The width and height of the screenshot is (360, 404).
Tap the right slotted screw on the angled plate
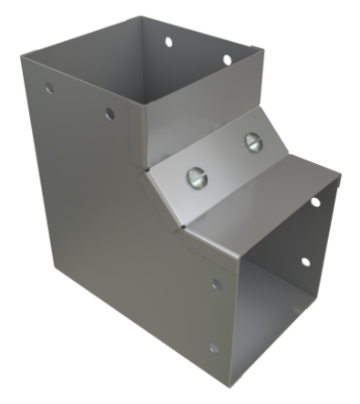251,140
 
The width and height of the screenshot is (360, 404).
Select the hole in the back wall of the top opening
169,41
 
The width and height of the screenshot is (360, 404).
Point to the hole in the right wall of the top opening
227,60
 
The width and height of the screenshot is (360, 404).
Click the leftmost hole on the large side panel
49,89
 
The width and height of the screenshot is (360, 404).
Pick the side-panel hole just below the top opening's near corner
109,114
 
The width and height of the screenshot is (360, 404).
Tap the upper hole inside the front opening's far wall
315,202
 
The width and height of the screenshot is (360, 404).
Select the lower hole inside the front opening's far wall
305,262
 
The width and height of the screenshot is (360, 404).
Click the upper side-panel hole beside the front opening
216,285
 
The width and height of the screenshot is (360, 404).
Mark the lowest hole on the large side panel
212,347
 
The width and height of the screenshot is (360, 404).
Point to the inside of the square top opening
182,82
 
